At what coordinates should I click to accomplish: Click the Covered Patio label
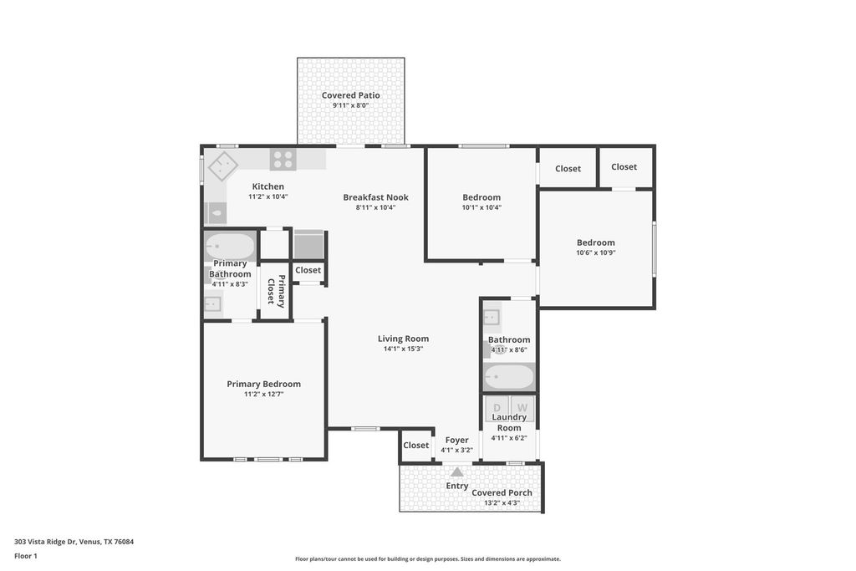pyautogui.click(x=350, y=95)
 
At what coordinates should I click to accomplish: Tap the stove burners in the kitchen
pyautogui.click(x=283, y=160)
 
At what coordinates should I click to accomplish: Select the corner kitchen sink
pyautogui.click(x=222, y=166)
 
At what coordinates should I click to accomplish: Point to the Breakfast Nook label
pyautogui.click(x=375, y=197)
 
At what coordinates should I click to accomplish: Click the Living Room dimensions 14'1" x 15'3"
pyautogui.click(x=404, y=349)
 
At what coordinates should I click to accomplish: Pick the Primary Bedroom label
pyautogui.click(x=263, y=384)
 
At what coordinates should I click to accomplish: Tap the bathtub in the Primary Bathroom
pyautogui.click(x=230, y=247)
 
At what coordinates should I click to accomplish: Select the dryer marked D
pyautogui.click(x=497, y=408)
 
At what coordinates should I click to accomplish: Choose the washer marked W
pyautogui.click(x=522, y=408)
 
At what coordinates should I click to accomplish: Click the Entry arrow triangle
pyautogui.click(x=457, y=472)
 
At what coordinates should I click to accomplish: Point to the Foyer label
pyautogui.click(x=456, y=440)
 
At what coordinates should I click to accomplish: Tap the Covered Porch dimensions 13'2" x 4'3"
pyautogui.click(x=502, y=502)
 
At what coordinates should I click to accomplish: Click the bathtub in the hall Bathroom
pyautogui.click(x=509, y=377)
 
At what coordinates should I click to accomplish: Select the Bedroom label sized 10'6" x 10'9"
pyautogui.click(x=595, y=242)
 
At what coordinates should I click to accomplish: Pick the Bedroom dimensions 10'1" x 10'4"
pyautogui.click(x=481, y=207)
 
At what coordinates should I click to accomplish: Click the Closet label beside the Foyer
pyautogui.click(x=416, y=445)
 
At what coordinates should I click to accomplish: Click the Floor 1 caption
pyautogui.click(x=26, y=556)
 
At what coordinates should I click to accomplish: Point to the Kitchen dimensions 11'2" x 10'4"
pyautogui.click(x=268, y=196)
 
